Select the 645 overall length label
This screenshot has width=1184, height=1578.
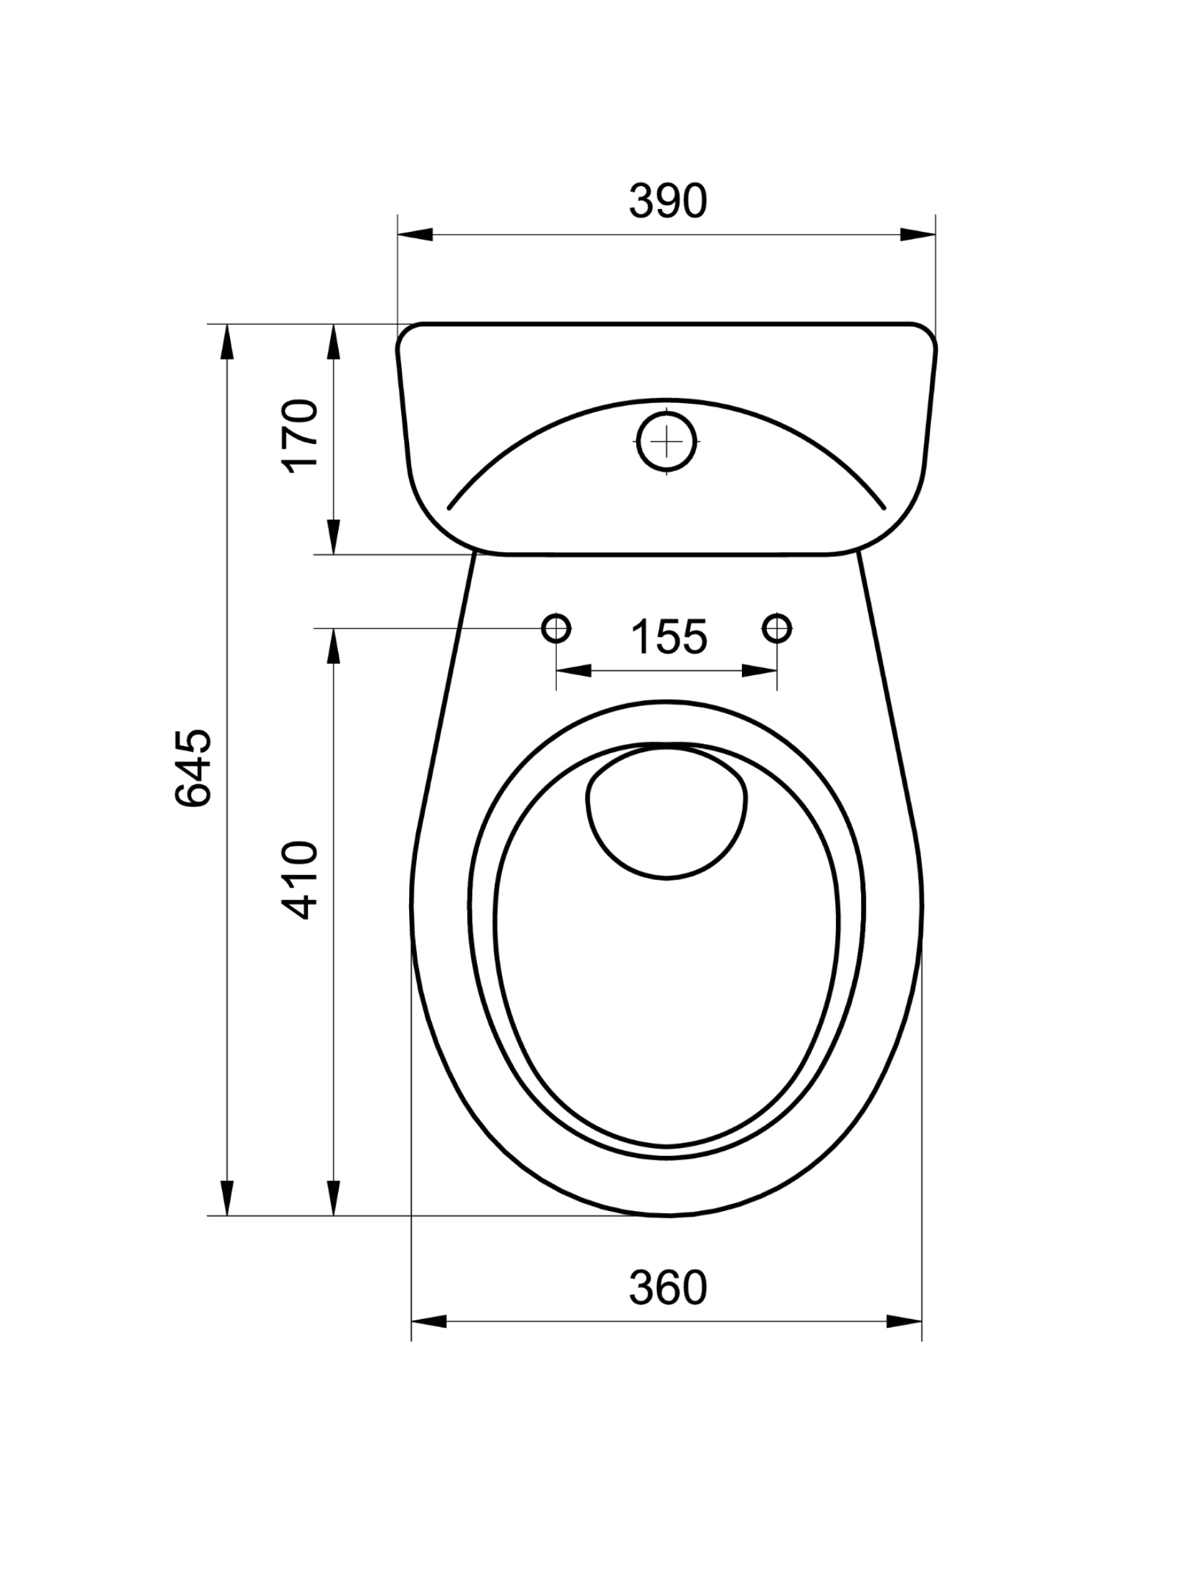point(193,767)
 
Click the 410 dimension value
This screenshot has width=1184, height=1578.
point(300,880)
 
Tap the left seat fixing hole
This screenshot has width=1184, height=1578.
point(556,628)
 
